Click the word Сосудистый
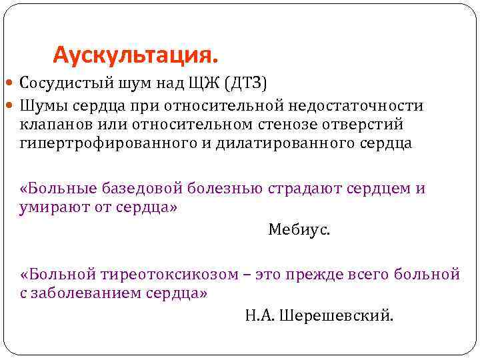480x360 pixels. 61,84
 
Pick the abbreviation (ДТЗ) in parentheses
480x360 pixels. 245,84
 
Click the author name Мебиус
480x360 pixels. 299,230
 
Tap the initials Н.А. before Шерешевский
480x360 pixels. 257,315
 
